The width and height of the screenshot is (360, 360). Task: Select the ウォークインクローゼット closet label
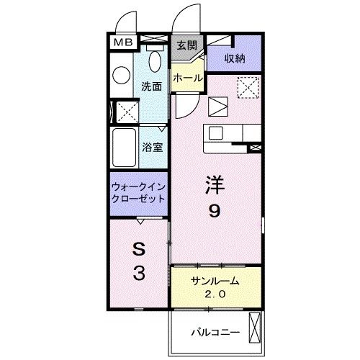138,192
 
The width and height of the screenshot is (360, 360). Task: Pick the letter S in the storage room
139,249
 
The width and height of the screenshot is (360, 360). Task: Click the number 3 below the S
139,273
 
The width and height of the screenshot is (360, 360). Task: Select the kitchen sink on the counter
216,133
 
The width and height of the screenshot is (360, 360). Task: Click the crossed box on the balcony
253,329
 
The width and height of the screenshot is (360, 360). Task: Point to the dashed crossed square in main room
248,89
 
